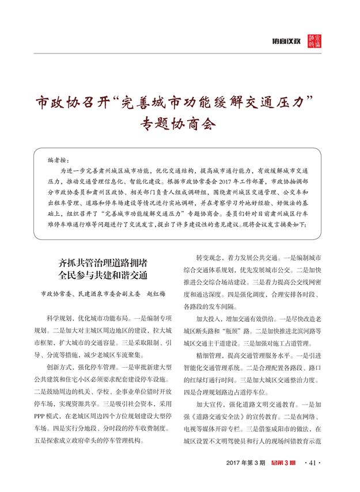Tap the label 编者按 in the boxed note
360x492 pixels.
[x=58, y=159]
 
